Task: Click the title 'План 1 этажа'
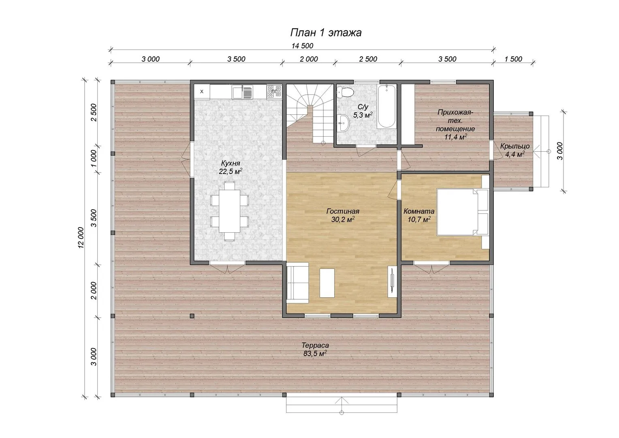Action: pos(326,33)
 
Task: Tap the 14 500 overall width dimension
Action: pos(302,46)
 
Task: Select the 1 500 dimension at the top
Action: pos(513,59)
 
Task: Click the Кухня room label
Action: pos(231,163)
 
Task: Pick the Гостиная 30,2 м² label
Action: pos(343,215)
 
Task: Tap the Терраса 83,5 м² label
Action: pos(315,349)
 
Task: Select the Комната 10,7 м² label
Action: pos(419,215)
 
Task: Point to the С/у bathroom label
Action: pos(363,107)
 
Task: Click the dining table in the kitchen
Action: pos(230,211)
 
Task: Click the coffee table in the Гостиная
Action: pos(327,283)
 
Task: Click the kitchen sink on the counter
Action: pos(243,92)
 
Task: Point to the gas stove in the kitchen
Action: pos(274,92)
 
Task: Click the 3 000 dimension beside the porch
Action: pos(560,151)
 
